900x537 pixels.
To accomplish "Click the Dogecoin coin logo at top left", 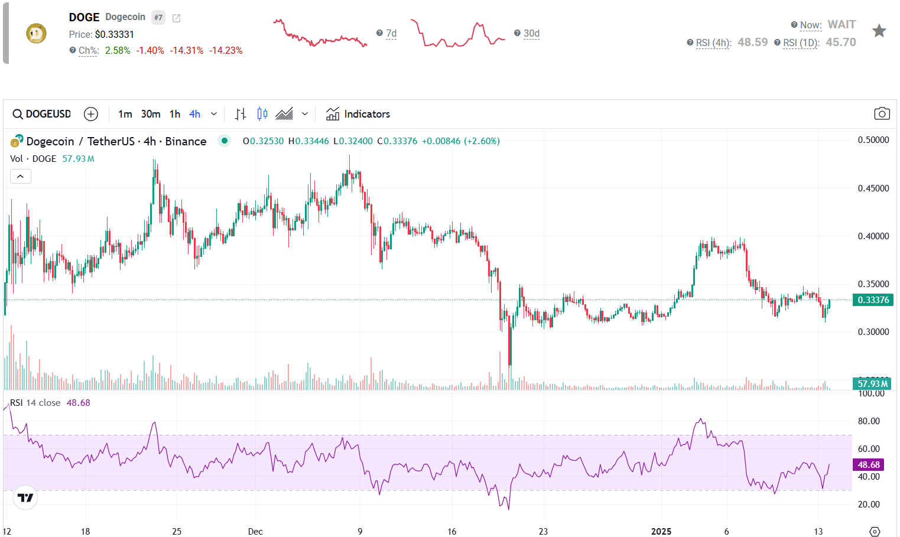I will (36, 33).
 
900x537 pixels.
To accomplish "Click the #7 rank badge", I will (158, 18).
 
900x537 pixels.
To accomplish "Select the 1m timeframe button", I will (125, 114).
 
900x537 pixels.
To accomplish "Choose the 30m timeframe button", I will (151, 114).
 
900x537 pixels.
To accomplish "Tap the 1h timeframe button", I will (175, 114).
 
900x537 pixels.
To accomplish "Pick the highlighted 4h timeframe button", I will (194, 114).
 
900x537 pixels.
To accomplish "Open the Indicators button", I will (358, 114).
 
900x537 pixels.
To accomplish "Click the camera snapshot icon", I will (882, 114).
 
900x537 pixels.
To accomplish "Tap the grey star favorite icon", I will (879, 31).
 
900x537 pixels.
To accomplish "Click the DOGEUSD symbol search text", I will (48, 114).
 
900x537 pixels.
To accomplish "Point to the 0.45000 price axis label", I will (873, 188).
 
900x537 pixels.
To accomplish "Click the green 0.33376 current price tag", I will (873, 300).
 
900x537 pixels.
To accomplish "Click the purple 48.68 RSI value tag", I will (869, 465).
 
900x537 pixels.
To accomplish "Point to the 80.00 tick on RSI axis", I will (869, 421).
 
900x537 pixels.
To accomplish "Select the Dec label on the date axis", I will (255, 532).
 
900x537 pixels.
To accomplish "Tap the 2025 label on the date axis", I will (661, 532).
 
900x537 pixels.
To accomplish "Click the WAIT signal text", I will (841, 25).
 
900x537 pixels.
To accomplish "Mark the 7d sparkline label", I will (391, 34).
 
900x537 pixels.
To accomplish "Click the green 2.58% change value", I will (118, 51).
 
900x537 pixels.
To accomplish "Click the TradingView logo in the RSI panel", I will (25, 498).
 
